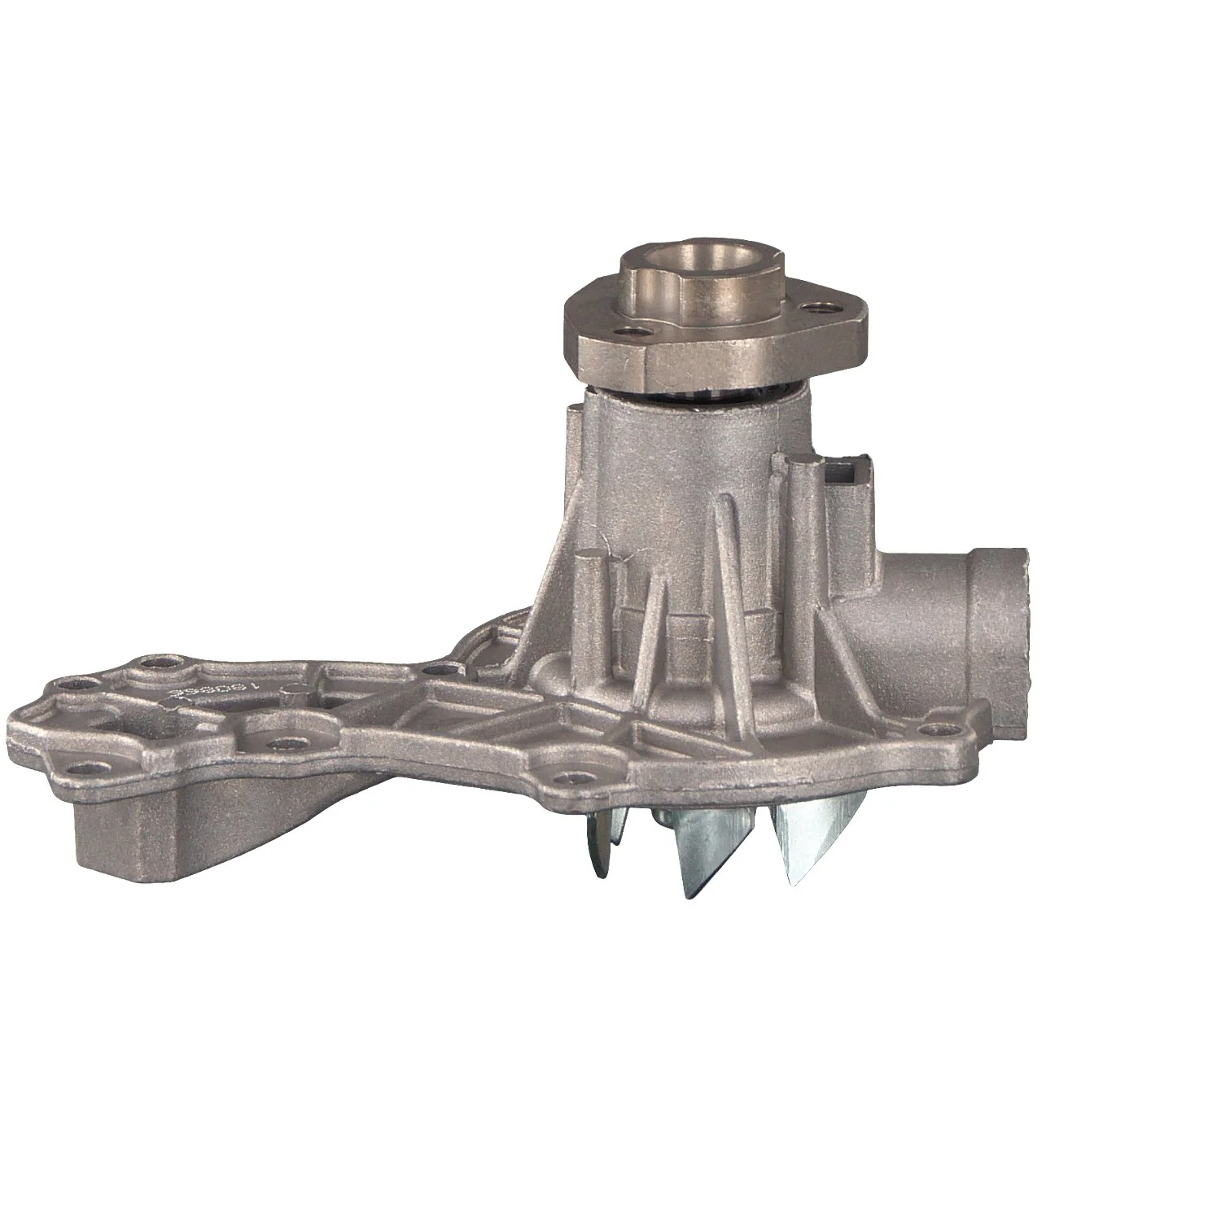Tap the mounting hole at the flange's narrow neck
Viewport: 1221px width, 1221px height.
(x=440, y=669)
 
